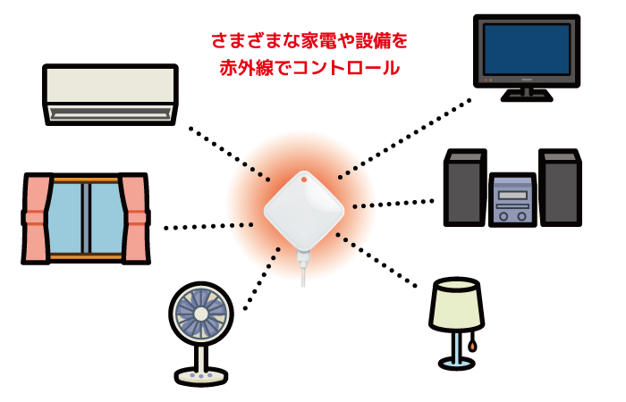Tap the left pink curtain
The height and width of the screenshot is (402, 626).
click(38, 218)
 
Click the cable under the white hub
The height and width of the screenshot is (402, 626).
click(303, 272)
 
